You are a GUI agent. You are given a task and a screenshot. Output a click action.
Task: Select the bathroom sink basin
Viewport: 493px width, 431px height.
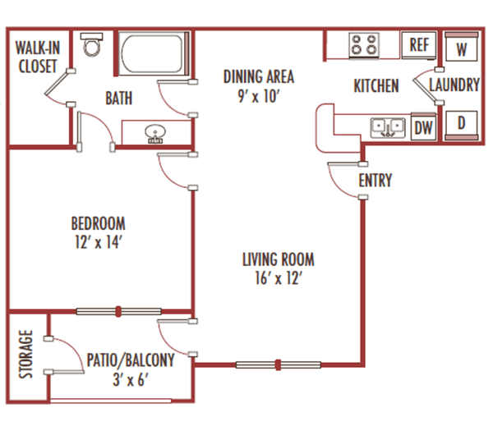tap(154, 134)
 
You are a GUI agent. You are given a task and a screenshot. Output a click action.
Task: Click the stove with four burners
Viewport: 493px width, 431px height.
tap(364, 44)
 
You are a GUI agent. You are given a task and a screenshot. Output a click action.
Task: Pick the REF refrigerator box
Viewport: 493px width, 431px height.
tap(418, 45)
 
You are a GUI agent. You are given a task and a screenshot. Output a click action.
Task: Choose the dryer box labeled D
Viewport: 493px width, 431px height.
tap(462, 123)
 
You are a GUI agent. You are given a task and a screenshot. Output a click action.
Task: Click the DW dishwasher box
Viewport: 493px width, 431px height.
tap(423, 127)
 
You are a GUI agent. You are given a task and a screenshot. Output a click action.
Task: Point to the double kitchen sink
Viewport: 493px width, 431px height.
tap(387, 127)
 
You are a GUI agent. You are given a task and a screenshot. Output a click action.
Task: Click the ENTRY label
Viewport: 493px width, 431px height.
tap(376, 181)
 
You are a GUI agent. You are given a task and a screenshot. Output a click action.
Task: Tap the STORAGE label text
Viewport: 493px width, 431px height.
tap(27, 355)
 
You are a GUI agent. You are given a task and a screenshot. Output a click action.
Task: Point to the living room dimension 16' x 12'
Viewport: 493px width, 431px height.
tap(279, 279)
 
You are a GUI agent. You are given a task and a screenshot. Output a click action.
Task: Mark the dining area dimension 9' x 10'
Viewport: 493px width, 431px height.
tap(259, 95)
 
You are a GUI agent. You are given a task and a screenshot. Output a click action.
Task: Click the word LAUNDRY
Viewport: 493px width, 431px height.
tap(454, 85)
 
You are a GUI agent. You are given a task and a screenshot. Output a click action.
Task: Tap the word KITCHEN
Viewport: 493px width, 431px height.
tap(376, 85)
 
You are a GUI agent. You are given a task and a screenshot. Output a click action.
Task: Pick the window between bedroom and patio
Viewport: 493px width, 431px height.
tap(119, 311)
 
